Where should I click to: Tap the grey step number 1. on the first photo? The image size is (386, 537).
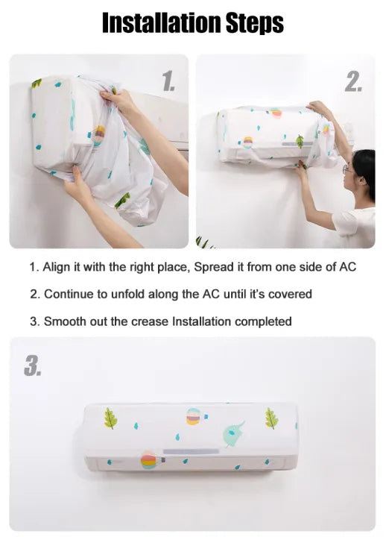[x=169, y=81]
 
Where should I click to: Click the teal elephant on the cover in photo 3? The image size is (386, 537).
[x=233, y=434]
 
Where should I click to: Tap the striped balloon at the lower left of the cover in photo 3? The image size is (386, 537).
[x=149, y=460]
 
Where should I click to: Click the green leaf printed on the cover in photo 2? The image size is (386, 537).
[x=300, y=141]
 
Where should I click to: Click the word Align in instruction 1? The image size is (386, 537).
[x=57, y=267]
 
